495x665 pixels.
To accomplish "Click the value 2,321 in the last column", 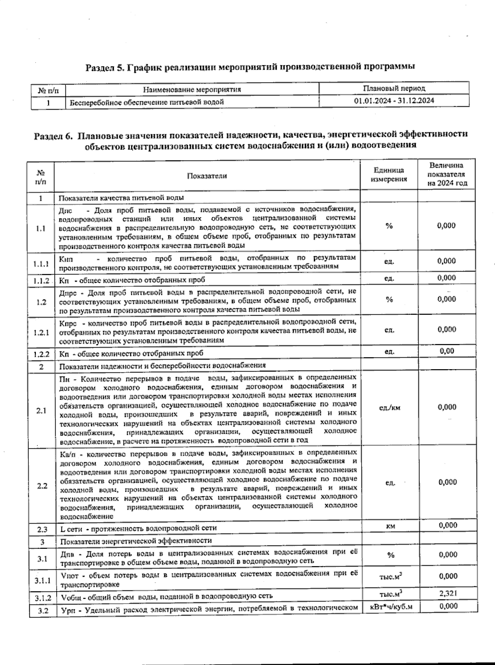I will pyautogui.click(x=448, y=593).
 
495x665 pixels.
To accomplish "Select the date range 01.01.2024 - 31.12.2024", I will pyautogui.click(x=394, y=101).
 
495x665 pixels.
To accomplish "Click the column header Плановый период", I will pyautogui.click(x=394, y=88).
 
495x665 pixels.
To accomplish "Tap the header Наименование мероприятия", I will pyautogui.click(x=192, y=89).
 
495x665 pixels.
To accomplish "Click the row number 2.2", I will pyautogui.click(x=42, y=486).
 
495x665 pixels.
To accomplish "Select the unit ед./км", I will pyautogui.click(x=389, y=408).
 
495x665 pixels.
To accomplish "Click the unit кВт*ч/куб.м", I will pyautogui.click(x=389, y=607).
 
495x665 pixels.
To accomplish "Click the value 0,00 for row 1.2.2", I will pyautogui.click(x=447, y=351).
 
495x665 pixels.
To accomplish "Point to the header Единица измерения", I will pyautogui.click(x=389, y=175).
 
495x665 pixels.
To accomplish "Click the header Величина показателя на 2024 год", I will pyautogui.click(x=447, y=174).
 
